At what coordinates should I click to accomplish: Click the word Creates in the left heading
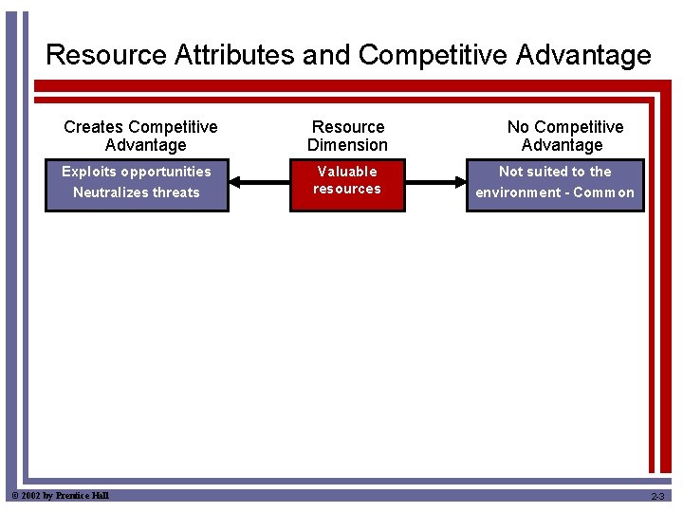coord(93,127)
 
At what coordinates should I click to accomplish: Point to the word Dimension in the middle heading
coord(347,145)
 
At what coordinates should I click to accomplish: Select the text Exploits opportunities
coord(137,172)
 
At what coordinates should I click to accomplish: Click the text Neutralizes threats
coord(137,192)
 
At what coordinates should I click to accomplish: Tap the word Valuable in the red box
coord(347,172)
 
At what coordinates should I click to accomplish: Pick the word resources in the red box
coord(347,189)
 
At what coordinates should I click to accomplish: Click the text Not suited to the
coord(555,172)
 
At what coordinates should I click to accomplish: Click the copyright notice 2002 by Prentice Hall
coord(60,496)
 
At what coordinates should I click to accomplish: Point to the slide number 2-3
coord(657,497)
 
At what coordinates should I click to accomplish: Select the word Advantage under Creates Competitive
coord(145,145)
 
